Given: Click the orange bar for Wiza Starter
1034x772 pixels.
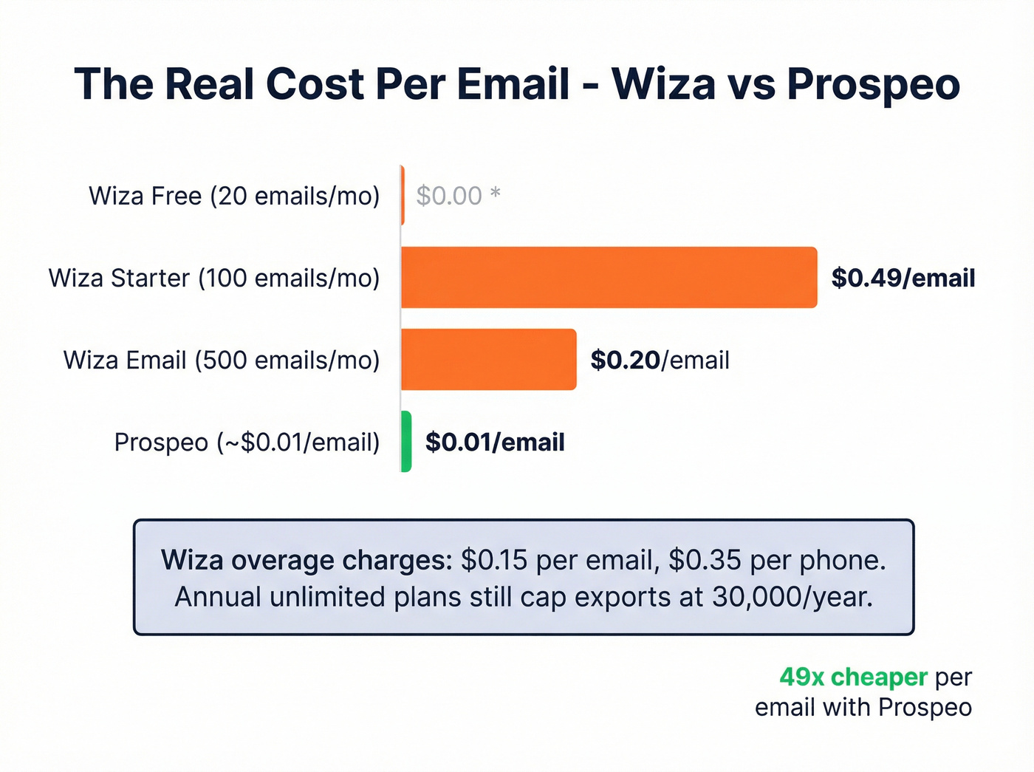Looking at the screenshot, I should (609, 278).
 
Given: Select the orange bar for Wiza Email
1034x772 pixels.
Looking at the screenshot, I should (488, 360).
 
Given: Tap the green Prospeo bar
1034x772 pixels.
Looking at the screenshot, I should (405, 442).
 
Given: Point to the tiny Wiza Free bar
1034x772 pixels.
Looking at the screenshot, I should (403, 196).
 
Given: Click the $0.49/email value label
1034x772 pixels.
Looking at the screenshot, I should (903, 278).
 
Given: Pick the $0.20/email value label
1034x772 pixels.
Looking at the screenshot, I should (660, 360).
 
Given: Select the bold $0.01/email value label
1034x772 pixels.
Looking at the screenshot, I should (495, 442).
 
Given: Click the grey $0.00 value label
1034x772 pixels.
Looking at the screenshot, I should (449, 196).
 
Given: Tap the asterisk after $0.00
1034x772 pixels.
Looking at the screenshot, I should (496, 194).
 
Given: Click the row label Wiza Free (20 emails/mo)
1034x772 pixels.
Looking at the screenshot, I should (234, 196).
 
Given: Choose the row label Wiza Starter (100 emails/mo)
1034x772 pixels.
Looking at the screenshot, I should (214, 278).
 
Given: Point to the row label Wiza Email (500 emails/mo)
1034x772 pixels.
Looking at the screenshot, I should (222, 360).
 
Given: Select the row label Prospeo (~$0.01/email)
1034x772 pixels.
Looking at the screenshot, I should (247, 442).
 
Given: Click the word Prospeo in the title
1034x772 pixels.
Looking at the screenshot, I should (873, 84).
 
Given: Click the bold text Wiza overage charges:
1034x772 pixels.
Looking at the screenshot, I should (307, 560).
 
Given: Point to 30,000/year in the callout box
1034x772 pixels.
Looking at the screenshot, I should (792, 597).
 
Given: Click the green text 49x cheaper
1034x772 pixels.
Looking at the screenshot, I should (853, 677).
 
